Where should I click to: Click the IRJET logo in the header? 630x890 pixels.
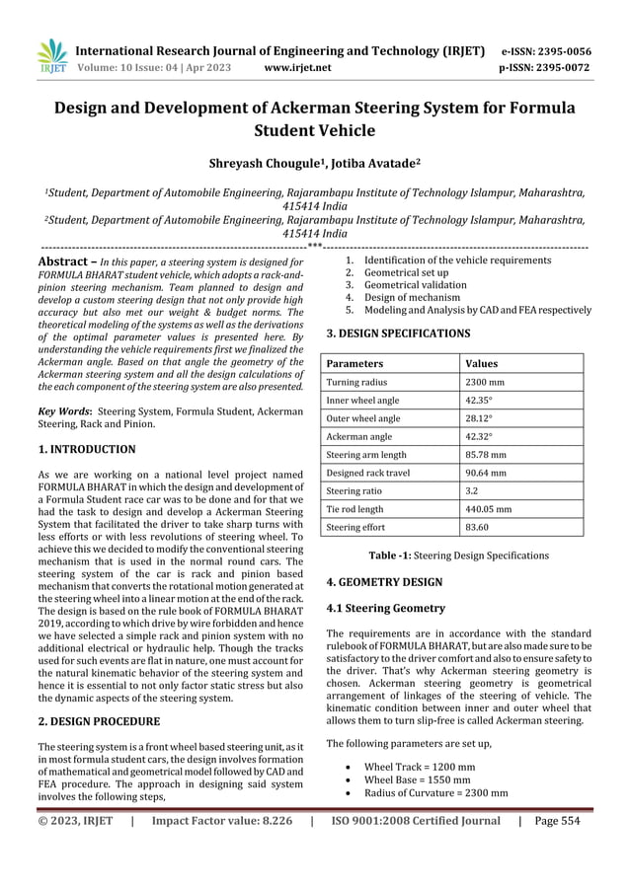tap(50, 58)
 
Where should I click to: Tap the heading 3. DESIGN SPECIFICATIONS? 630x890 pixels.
tap(398, 334)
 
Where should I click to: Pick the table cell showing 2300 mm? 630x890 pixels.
tap(485, 382)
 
